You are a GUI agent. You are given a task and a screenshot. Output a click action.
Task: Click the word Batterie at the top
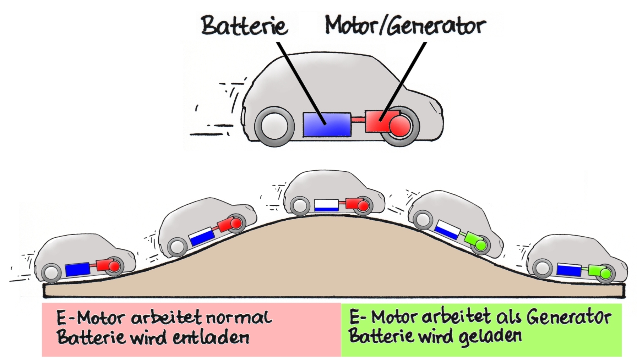[x=244, y=26]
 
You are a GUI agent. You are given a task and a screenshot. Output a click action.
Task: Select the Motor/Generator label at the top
[x=405, y=26]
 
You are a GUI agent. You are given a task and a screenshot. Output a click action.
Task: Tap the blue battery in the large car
[x=327, y=125]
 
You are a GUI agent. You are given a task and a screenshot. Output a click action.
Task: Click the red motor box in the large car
[x=377, y=121]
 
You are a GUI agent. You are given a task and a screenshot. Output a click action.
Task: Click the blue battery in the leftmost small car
[x=77, y=269]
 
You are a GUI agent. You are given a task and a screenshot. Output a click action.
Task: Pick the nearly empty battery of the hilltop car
[x=326, y=205]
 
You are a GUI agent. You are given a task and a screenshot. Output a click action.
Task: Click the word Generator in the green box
[x=568, y=317]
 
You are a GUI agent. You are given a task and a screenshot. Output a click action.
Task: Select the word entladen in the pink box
[x=211, y=337]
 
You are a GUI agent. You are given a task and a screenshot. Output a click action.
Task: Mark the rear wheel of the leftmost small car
[x=51, y=272]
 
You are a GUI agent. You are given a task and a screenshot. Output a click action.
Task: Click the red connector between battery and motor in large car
[x=358, y=121]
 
